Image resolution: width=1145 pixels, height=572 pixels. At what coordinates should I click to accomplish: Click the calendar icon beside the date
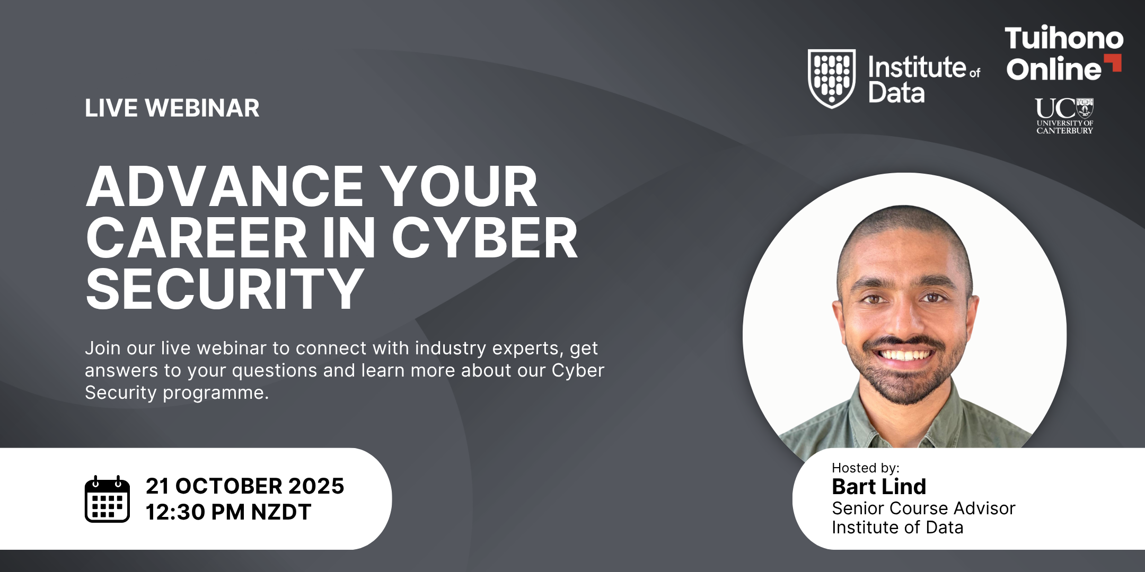(107, 499)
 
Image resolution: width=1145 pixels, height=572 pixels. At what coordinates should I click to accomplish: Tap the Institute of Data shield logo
(831, 78)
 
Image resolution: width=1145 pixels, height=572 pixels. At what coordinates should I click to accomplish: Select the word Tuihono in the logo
(1064, 38)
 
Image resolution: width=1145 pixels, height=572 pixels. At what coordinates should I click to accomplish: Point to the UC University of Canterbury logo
(1064, 116)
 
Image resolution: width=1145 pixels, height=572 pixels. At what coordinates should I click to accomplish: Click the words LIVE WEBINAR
(172, 108)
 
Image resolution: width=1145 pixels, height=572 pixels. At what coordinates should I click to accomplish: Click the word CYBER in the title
(485, 238)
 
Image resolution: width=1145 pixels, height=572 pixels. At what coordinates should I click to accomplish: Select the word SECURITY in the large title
(225, 289)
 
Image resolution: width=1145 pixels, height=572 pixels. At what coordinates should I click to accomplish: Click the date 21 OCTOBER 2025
(245, 486)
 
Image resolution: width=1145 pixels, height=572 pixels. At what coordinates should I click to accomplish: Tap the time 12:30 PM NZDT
(228, 512)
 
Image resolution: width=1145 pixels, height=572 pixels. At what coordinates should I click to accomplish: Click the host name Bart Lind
(879, 486)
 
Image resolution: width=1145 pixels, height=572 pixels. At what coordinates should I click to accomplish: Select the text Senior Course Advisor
(923, 508)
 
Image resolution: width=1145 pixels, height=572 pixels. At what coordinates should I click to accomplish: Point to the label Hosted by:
(866, 468)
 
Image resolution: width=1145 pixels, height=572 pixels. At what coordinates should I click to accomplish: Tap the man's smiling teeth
(905, 354)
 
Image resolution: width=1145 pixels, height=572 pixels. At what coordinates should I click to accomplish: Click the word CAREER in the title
(196, 238)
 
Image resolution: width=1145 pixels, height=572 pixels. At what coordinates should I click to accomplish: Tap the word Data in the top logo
(896, 93)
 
